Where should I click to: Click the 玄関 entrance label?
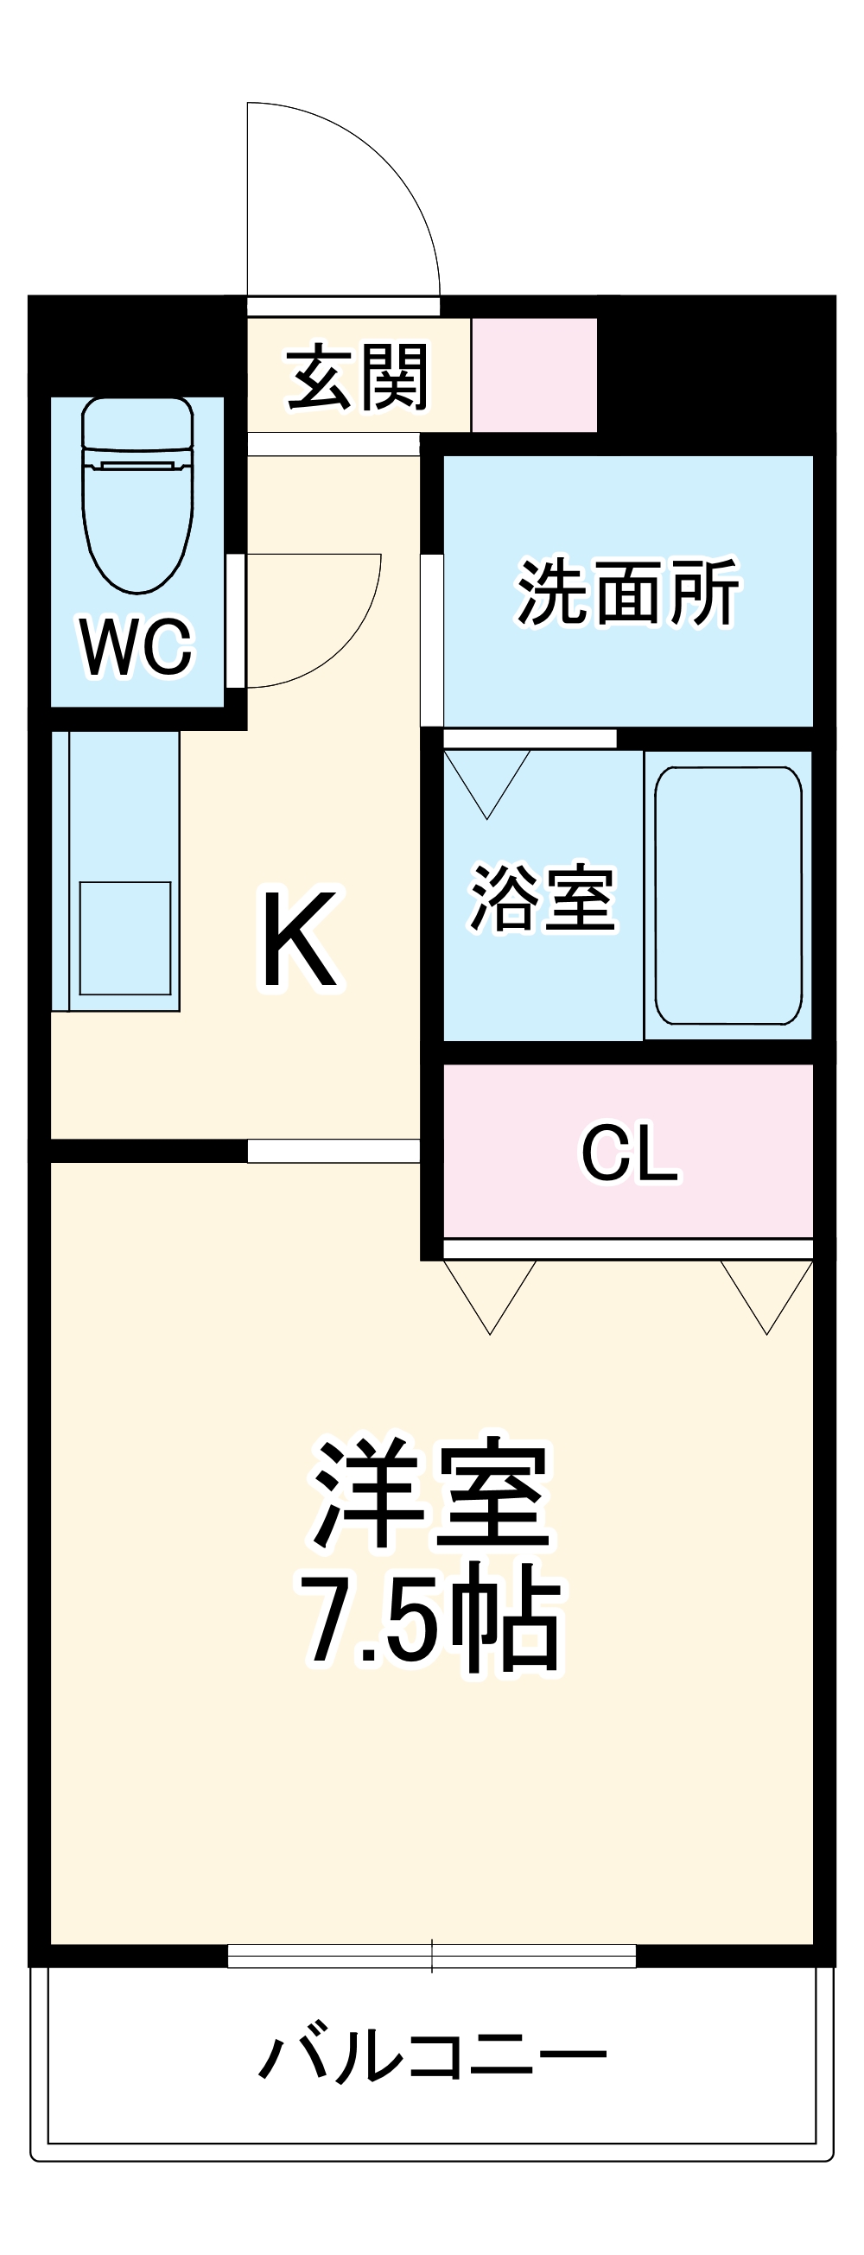(x=358, y=378)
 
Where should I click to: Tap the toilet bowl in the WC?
(x=137, y=525)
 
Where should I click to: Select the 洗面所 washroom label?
(x=627, y=593)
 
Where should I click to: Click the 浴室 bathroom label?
(x=543, y=898)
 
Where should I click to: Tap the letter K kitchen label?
(x=300, y=939)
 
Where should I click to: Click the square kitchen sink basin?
(x=125, y=937)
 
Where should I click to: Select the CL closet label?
(x=629, y=1153)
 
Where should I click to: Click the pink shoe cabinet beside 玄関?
(x=534, y=375)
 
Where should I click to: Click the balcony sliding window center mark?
(x=431, y=1955)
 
